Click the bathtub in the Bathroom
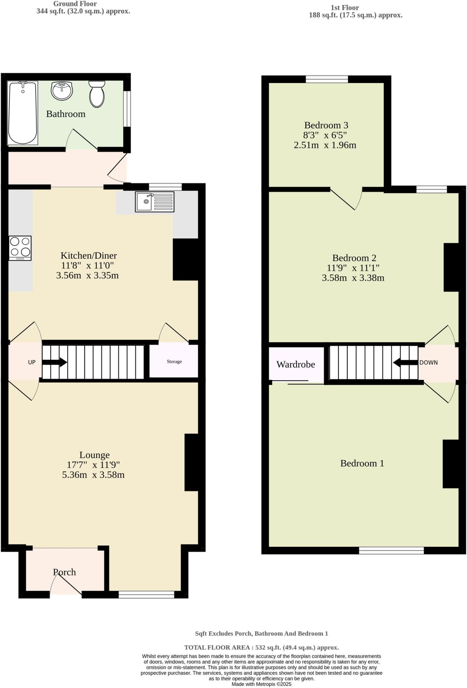[x=22, y=113]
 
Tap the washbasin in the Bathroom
[x=62, y=91]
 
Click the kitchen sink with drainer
[x=155, y=202]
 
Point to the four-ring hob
[x=20, y=248]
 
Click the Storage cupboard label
[x=174, y=361]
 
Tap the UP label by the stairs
[x=32, y=362]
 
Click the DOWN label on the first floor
[x=428, y=362]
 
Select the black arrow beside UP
[x=54, y=362]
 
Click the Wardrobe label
[x=296, y=364]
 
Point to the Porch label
[x=64, y=572]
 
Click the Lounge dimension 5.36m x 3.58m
[x=93, y=475]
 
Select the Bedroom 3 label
[x=326, y=125]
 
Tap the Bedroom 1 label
[x=362, y=463]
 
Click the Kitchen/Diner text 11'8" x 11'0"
[x=88, y=265]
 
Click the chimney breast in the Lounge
[x=192, y=462]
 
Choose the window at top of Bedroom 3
[x=327, y=79]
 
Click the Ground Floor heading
[x=75, y=4]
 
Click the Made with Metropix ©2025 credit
[x=261, y=684]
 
